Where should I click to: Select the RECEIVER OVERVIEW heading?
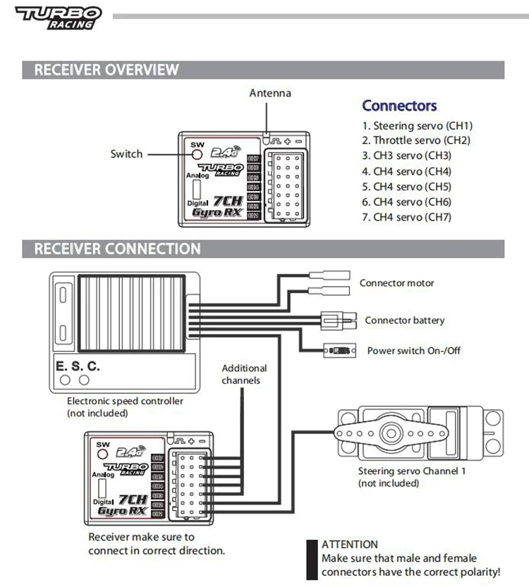click(x=107, y=70)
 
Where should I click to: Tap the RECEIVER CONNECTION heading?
click(x=117, y=249)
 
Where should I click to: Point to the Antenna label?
click(x=269, y=93)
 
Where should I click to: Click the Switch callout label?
click(x=126, y=154)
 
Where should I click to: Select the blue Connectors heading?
click(x=399, y=106)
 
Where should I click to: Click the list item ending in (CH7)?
click(x=406, y=217)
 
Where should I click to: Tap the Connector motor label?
click(x=397, y=283)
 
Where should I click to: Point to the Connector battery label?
click(x=405, y=320)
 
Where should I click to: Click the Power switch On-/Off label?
click(x=414, y=350)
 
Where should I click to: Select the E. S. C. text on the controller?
click(x=78, y=366)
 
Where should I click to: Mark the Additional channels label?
click(x=244, y=374)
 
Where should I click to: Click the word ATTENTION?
click(x=350, y=544)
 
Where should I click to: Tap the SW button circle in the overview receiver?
click(x=197, y=154)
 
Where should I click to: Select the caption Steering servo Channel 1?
click(x=412, y=471)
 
